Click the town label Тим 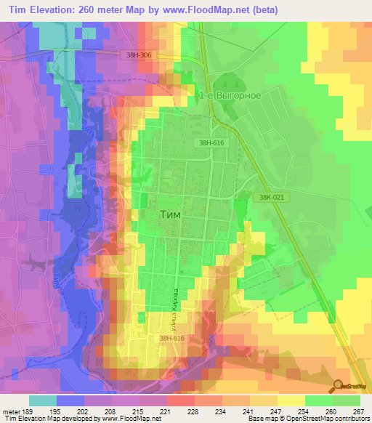(x=170, y=216)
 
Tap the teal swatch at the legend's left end (x=42, y=400)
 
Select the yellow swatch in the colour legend (x=291, y=400)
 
